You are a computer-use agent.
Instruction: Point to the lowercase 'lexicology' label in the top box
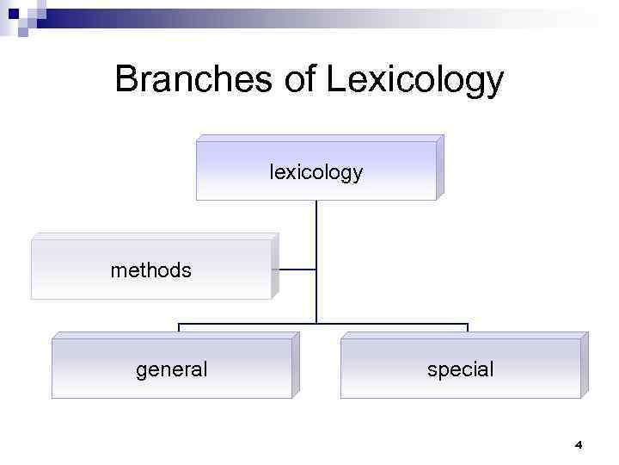click(316, 172)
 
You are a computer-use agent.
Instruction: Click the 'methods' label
click(151, 270)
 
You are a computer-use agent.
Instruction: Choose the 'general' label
click(172, 369)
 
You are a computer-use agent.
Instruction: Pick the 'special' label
click(461, 369)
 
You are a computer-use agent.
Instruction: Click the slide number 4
click(578, 445)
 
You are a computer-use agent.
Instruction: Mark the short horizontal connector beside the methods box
click(297, 270)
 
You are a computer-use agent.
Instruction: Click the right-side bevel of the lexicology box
click(440, 168)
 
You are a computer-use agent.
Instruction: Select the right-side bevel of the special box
click(585, 365)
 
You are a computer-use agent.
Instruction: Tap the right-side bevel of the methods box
click(275, 266)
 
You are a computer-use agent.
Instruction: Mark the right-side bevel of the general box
click(296, 365)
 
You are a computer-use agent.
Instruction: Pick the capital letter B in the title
click(126, 80)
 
